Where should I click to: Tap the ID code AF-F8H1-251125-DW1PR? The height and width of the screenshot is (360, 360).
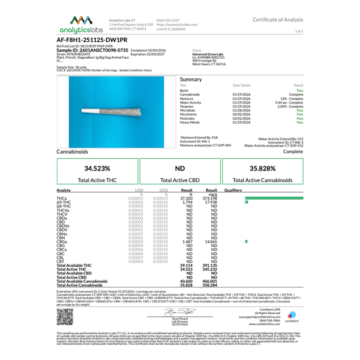click(x=92, y=40)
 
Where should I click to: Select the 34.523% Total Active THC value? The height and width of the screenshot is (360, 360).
click(x=97, y=168)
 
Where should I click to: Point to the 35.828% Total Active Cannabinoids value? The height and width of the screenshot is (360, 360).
click(x=262, y=168)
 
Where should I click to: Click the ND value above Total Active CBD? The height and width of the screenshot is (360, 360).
click(x=180, y=168)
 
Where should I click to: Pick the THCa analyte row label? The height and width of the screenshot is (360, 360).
click(x=62, y=198)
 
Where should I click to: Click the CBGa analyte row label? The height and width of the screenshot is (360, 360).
click(x=62, y=241)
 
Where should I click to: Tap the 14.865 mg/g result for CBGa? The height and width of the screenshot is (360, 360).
click(x=211, y=241)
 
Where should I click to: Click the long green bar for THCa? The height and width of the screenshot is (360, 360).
click(x=274, y=198)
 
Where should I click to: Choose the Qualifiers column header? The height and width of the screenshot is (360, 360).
click(x=233, y=190)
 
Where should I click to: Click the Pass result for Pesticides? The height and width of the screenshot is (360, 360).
click(x=300, y=118)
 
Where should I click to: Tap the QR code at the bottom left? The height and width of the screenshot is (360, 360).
click(x=65, y=317)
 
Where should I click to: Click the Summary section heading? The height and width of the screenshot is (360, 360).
click(x=191, y=79)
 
